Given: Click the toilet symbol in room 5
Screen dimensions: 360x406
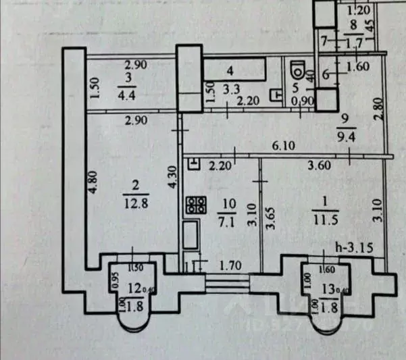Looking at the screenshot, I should (296, 71).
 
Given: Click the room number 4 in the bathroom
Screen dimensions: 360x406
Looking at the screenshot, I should (230, 70).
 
